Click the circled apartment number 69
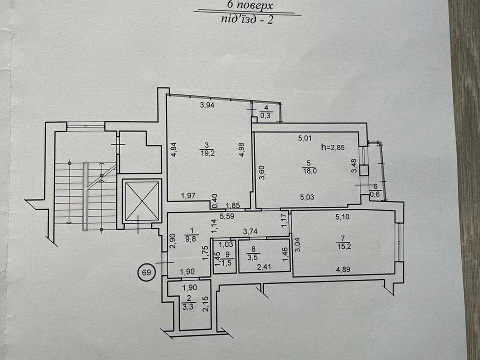coord(146,272)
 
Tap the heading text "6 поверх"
coord(250,5)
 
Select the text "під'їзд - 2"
coord(246,19)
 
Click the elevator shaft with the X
coord(141,201)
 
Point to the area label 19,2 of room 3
coord(207,153)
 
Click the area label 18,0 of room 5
coord(309,171)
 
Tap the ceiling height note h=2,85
coord(333,147)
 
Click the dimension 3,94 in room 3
coord(207,105)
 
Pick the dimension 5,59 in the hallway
coord(227,216)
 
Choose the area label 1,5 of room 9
coord(227,264)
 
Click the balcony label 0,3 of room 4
coord(265,116)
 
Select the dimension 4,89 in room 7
coord(343,269)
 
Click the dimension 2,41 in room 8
coord(264,267)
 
